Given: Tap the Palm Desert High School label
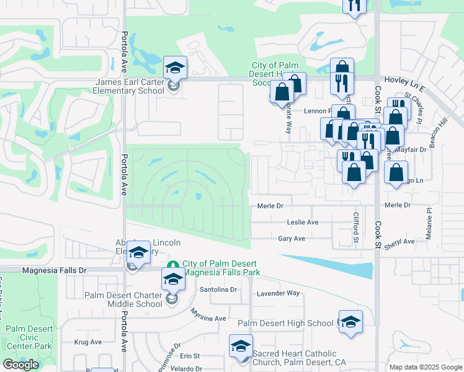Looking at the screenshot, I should click(x=285, y=323).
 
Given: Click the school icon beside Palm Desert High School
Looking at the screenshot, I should click(x=350, y=321).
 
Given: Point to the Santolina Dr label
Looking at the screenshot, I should click(x=218, y=290).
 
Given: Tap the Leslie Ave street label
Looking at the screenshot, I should click(x=303, y=222).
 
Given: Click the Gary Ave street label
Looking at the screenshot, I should click(x=292, y=239).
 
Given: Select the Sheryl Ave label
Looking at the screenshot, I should click(x=399, y=242).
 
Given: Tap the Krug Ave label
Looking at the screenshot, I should click(x=87, y=342).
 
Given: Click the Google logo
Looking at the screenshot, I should click(x=20, y=365).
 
